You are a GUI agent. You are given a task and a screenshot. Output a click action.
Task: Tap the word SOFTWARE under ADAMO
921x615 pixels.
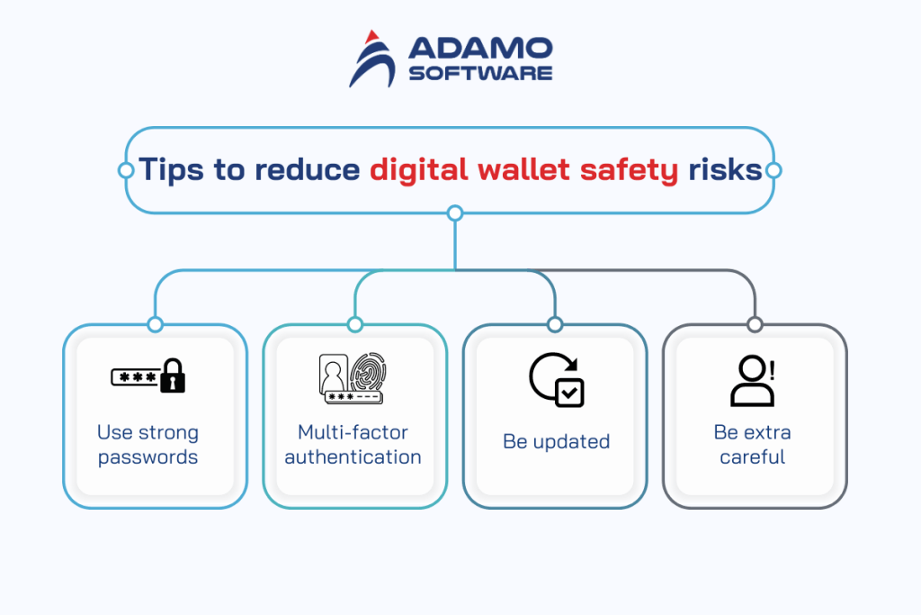(480, 73)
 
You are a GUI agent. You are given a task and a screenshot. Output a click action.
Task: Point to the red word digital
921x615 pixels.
(418, 169)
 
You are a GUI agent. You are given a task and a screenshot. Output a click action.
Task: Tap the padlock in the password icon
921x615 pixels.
(172, 375)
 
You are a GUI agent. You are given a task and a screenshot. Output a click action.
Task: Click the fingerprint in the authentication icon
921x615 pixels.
(369, 371)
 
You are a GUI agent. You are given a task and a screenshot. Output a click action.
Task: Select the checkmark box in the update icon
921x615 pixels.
(569, 393)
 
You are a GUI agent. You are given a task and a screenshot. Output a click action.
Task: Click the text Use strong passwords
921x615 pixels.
(148, 445)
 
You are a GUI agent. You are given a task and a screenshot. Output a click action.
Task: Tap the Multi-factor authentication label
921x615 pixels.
(353, 445)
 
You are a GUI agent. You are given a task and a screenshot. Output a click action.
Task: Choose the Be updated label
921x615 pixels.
(556, 442)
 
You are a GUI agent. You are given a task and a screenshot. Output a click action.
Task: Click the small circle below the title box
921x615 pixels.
(455, 213)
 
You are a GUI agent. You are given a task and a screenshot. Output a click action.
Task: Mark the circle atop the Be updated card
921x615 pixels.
(555, 324)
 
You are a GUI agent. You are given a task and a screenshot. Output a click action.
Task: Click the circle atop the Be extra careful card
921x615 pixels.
(755, 324)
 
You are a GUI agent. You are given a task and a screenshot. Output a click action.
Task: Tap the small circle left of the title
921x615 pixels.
(125, 169)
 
